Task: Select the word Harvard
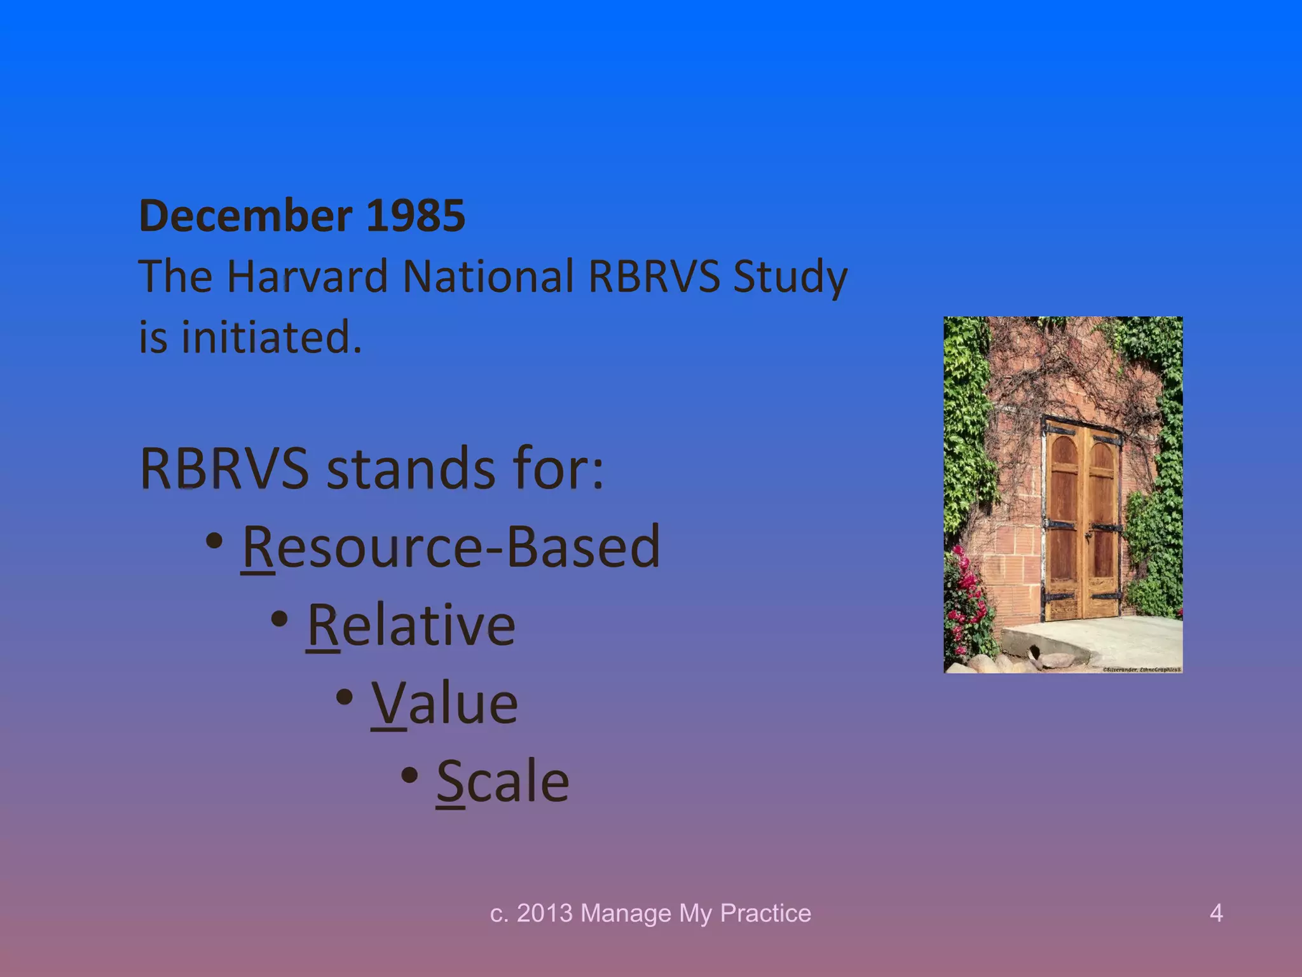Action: click(307, 276)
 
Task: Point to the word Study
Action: click(790, 277)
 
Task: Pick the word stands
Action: click(411, 469)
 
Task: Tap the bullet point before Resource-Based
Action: click(215, 541)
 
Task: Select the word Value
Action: click(444, 703)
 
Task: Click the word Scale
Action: click(503, 782)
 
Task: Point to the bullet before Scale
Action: click(410, 775)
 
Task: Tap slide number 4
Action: click(1216, 913)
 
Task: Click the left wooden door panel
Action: click(1063, 522)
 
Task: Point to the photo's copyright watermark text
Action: click(1142, 669)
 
